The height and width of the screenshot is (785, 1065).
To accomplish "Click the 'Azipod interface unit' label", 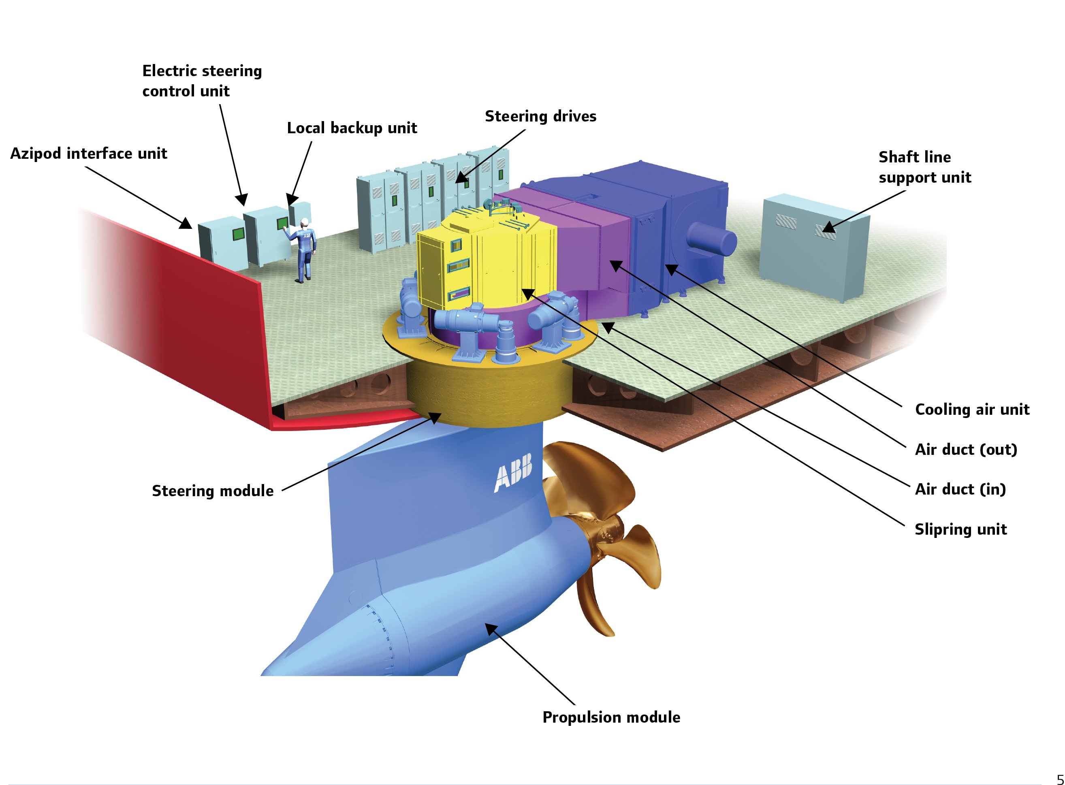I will pyautogui.click(x=88, y=154).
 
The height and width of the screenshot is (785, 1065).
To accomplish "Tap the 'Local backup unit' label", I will pyautogui.click(x=352, y=128).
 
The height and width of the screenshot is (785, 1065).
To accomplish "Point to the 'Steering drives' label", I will pyautogui.click(x=540, y=116).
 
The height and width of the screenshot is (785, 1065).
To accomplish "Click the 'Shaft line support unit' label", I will pyautogui.click(x=924, y=167).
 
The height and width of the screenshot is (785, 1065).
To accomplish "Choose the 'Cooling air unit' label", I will pyautogui.click(x=972, y=410).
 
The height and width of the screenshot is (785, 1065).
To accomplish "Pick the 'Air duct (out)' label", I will pyautogui.click(x=966, y=450).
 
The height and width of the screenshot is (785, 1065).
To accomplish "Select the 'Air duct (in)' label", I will pyautogui.click(x=960, y=489).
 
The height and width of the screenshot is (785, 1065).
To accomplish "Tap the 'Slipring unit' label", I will pyautogui.click(x=960, y=529).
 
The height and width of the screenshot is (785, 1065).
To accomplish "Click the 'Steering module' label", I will pyautogui.click(x=212, y=491).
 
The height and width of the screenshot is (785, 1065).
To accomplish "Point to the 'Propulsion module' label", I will pyautogui.click(x=611, y=717).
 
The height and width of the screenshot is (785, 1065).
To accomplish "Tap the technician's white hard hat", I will pyautogui.click(x=305, y=222).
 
